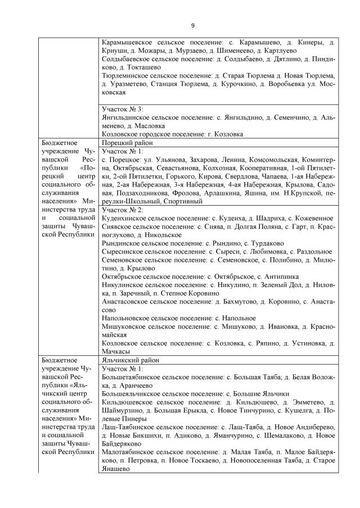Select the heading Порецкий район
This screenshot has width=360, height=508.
click(126, 143)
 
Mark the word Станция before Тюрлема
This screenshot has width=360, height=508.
click(164, 83)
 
